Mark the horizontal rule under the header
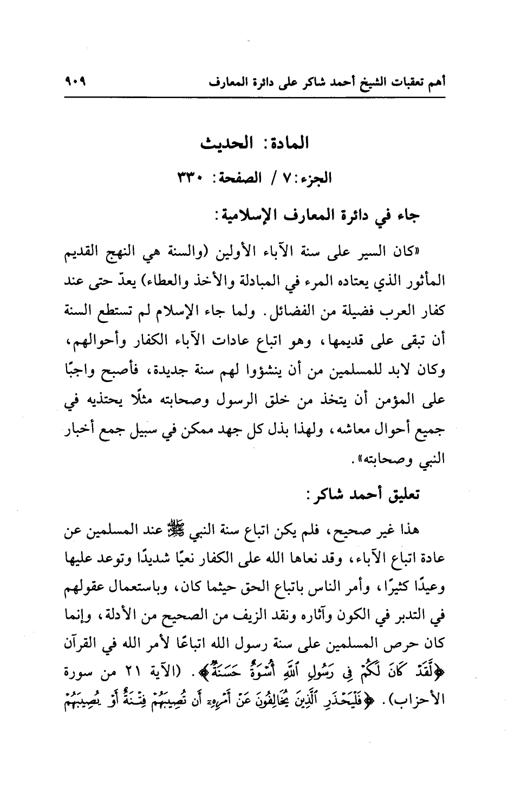click(254, 98)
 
